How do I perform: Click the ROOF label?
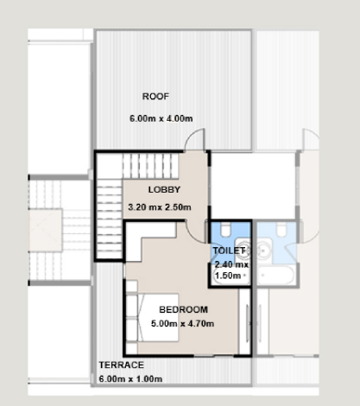coord(155,96)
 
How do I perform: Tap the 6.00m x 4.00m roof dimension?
coord(161,118)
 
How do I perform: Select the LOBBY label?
coord(164,189)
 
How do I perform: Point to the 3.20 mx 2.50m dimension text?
coord(160,207)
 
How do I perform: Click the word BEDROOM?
coord(183,309)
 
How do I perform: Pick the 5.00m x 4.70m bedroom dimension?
coord(182,323)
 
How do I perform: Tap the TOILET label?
coord(229,251)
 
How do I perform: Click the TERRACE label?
coord(122,365)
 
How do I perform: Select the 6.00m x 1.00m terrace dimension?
coord(130,378)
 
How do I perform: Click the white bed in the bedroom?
coord(158,318)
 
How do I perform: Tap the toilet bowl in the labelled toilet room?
coord(225,230)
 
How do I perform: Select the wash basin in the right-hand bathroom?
coord(264,249)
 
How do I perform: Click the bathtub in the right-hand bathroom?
coord(275,276)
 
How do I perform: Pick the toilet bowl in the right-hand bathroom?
coord(281,230)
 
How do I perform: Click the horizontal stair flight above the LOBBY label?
coord(151,166)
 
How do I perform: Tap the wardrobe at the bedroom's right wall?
coord(245,321)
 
